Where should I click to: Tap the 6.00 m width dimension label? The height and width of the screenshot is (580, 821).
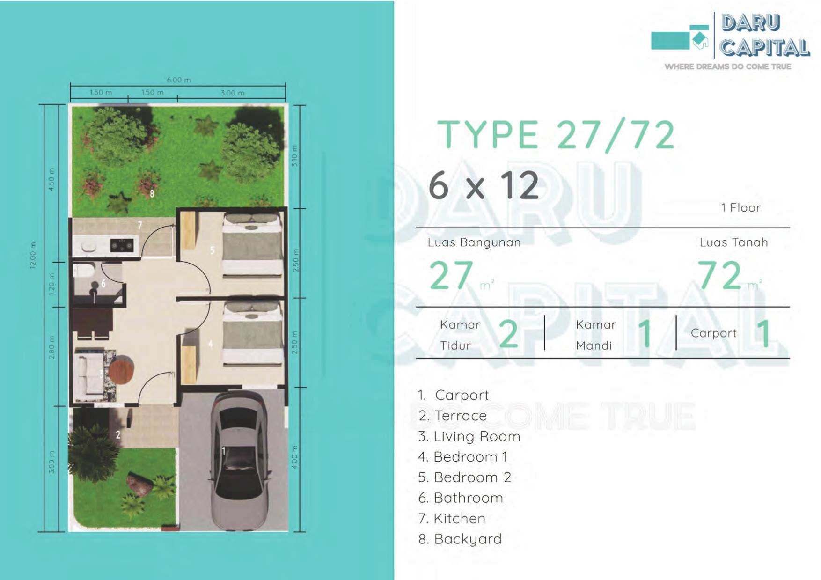point(178,80)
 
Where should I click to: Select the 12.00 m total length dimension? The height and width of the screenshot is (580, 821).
point(33,255)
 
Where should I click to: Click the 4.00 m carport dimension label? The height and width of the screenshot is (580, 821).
point(294,457)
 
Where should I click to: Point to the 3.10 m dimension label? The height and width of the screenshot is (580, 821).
point(294,156)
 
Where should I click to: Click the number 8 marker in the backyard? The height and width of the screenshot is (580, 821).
point(152,193)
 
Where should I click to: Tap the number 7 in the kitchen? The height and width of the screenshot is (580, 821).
point(139,225)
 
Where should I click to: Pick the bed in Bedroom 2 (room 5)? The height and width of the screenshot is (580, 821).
point(252,244)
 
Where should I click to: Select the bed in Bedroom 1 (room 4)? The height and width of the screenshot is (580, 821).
point(252,333)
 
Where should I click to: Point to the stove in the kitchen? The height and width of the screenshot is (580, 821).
point(122,244)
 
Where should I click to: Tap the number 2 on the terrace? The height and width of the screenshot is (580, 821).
point(118,435)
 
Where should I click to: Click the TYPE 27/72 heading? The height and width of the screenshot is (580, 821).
point(556,135)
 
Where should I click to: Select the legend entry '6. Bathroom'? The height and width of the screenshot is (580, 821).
point(461,498)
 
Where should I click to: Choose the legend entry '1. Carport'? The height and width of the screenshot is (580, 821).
point(453,396)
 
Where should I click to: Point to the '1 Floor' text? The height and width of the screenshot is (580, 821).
point(740,208)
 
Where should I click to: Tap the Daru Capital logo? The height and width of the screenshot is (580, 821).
point(730,41)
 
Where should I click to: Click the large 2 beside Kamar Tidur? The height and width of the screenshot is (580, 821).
point(508,334)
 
